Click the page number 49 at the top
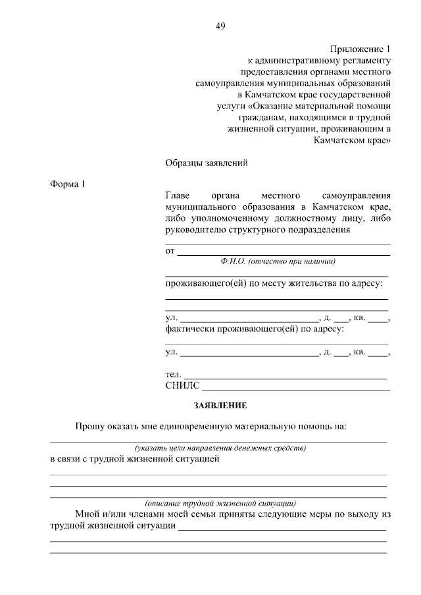tap(220, 26)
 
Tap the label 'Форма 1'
tap(68, 184)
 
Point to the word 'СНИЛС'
tap(182, 386)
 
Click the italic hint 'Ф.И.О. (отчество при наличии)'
tap(278, 261)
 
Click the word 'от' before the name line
tap(170, 251)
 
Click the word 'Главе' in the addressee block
tap(178, 195)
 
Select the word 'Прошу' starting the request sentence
tap(89, 426)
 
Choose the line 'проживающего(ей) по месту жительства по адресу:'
tap(274, 283)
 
